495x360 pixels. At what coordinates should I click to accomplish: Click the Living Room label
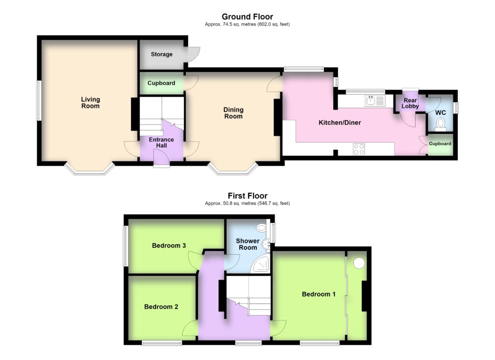(90, 102)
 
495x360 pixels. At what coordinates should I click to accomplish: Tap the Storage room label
(161, 54)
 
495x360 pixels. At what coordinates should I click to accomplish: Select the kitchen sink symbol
(375, 101)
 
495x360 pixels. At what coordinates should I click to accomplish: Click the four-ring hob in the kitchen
(359, 149)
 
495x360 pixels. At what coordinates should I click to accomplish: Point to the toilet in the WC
(440, 124)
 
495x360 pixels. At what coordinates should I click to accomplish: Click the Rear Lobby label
(410, 103)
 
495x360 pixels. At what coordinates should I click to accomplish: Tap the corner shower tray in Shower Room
(260, 264)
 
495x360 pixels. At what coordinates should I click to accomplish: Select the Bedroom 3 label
(169, 245)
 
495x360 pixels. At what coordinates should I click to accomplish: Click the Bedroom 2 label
(161, 307)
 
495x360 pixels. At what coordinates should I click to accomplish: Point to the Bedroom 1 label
(319, 294)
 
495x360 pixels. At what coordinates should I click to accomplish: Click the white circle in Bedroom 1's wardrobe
(359, 263)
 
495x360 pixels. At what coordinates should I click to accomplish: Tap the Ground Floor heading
(247, 16)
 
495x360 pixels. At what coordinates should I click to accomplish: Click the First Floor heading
(247, 196)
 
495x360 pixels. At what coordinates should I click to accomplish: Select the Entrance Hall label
(161, 142)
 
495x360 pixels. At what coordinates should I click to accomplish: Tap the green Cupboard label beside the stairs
(161, 83)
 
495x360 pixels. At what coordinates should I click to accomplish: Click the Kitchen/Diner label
(340, 122)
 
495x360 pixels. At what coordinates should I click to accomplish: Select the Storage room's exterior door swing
(193, 55)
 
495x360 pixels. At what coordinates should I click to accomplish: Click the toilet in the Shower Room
(262, 227)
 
